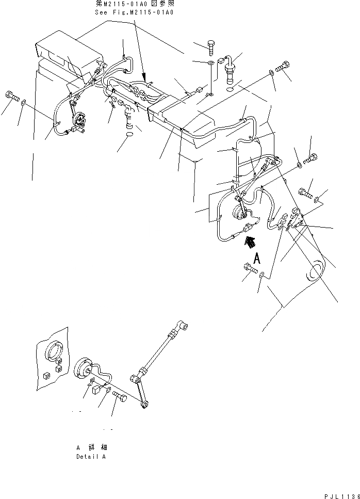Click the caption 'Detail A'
[91, 457]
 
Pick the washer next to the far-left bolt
[24, 105]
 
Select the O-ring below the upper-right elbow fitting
[231, 89]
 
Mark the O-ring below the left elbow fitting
[129, 136]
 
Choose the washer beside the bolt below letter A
[264, 276]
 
